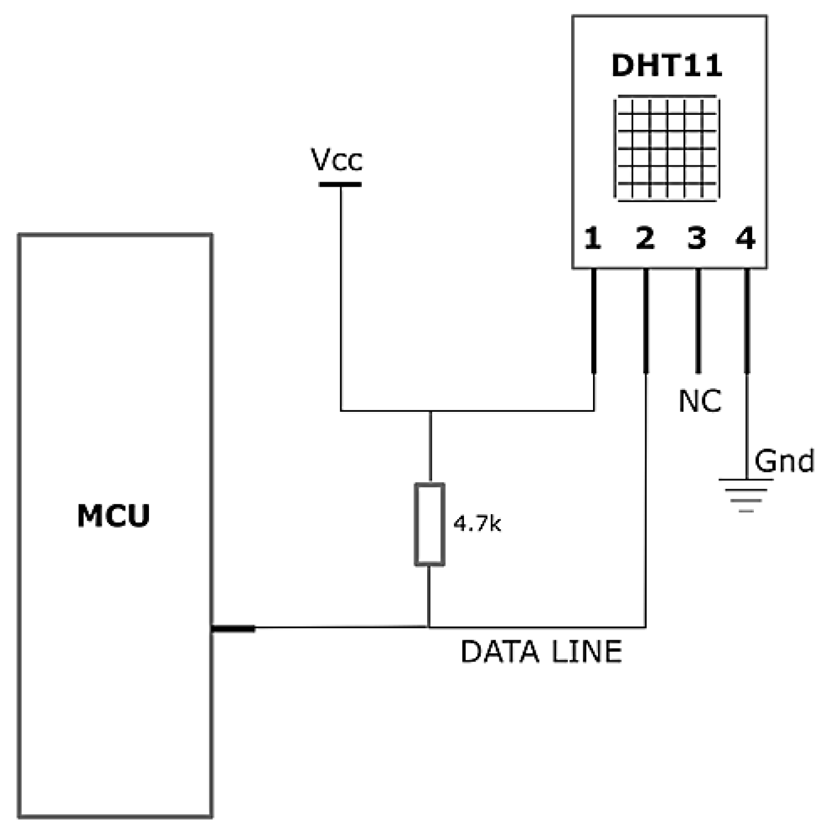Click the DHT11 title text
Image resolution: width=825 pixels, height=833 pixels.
tap(667, 66)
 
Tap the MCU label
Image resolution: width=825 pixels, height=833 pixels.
tap(113, 516)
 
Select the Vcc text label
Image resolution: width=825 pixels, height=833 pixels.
tap(337, 160)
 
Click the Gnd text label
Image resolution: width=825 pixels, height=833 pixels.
tap(784, 462)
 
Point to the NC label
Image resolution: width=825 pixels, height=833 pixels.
tap(700, 401)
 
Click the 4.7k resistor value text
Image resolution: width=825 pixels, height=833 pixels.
tap(477, 524)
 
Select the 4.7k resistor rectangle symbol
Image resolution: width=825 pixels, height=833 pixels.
tap(430, 524)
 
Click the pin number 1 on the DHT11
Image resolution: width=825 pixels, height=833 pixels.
tap(592, 238)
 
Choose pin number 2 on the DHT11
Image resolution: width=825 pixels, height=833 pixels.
tap(645, 238)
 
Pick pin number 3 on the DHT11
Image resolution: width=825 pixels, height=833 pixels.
tap(697, 238)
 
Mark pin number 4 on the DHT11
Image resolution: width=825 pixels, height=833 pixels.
tap(746, 238)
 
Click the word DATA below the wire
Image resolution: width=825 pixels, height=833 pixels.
tap(499, 652)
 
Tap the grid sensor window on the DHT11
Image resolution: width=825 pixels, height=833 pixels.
tap(667, 149)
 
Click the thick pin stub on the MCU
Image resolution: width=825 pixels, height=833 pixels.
tap(233, 628)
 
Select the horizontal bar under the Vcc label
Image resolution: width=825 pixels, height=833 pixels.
tap(340, 184)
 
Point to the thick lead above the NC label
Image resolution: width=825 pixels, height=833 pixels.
tap(698, 321)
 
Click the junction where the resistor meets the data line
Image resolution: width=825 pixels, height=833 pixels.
tap(429, 627)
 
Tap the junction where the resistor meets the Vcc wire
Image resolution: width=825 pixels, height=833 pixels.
tap(430, 411)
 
